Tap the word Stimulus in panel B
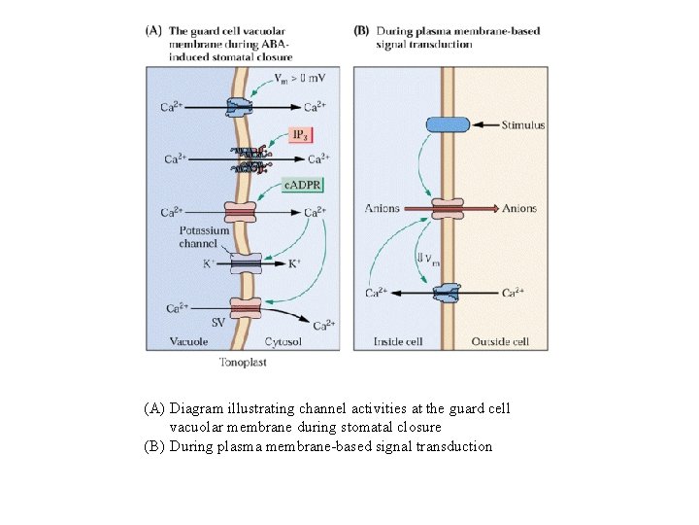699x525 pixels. [x=523, y=124]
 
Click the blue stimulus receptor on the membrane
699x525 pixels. [x=447, y=123]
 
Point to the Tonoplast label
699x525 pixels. [x=243, y=363]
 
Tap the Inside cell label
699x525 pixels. [x=397, y=342]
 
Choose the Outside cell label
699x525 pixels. [x=500, y=342]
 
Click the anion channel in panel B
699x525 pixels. [x=448, y=209]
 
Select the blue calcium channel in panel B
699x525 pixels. [x=448, y=293]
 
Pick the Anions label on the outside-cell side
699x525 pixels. [x=518, y=209]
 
